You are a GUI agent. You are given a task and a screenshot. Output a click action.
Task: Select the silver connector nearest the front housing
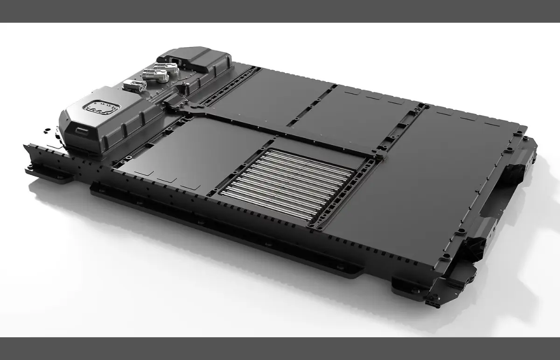[x=134, y=85]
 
